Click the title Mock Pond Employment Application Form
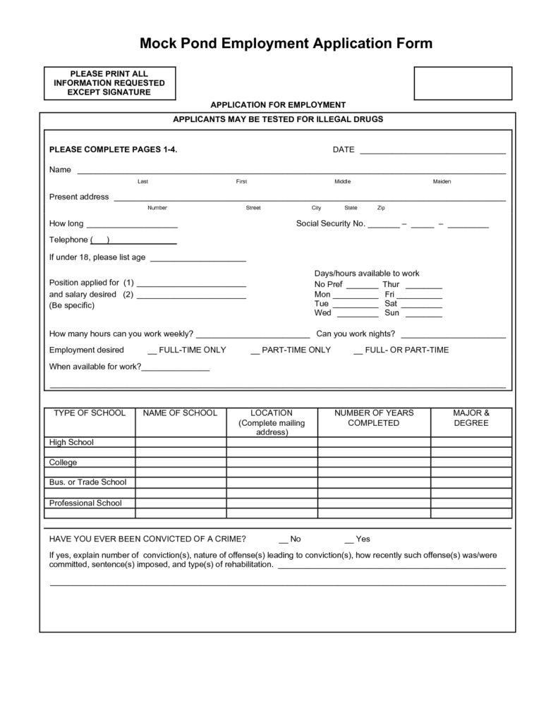click(x=286, y=44)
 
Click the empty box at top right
click(x=463, y=84)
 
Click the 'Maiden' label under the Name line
click(x=442, y=182)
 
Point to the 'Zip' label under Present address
click(x=381, y=208)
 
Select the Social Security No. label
click(x=330, y=224)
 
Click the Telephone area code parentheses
click(x=99, y=240)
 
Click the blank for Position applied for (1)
click(x=191, y=283)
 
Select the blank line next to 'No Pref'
click(x=362, y=285)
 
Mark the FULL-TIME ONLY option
click(x=152, y=350)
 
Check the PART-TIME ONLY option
click(x=255, y=350)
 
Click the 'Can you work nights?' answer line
click(x=452, y=335)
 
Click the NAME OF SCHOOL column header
click(x=180, y=413)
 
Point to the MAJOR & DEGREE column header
click(x=472, y=418)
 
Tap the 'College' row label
click(x=63, y=463)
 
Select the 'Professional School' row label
click(x=85, y=503)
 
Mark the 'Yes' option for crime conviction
click(x=349, y=539)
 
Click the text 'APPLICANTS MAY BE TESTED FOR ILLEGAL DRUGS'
click(x=278, y=120)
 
